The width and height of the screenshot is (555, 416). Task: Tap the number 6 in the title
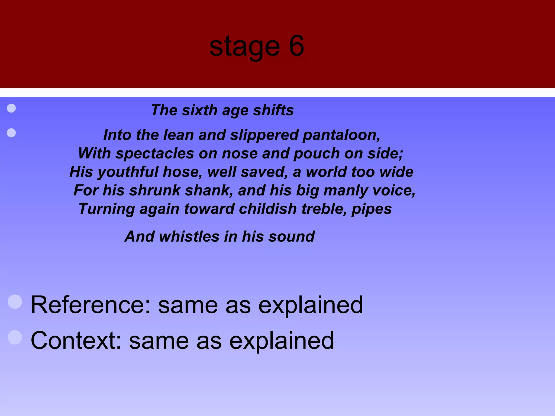coord(296,46)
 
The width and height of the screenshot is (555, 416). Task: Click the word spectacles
coord(155,154)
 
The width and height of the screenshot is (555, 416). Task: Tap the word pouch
coord(317,154)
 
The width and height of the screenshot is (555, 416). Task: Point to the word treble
coord(324,209)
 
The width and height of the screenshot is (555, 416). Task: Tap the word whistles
coord(189,236)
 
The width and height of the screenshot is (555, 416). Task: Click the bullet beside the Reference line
coord(15,302)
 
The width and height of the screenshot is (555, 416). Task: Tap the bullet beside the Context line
coord(15,337)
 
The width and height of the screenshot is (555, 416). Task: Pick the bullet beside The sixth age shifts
coord(11,108)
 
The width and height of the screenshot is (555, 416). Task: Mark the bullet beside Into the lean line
coord(11,133)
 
